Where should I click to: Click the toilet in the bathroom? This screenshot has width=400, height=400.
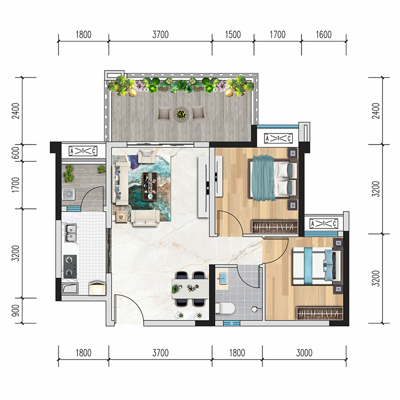pos(225,308)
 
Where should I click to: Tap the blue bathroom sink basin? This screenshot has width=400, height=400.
pos(223,278)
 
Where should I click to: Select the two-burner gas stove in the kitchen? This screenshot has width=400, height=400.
pos(70,266)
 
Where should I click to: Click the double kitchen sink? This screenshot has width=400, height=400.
pos(70,233)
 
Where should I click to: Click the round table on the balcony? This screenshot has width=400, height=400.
pos(181,114)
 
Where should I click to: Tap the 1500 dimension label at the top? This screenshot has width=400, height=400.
pos(232,34)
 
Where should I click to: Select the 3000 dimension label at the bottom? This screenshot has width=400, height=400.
pos(304,353)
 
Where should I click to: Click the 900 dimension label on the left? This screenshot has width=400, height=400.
pos(16,310)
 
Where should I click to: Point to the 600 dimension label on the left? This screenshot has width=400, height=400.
pos(16,153)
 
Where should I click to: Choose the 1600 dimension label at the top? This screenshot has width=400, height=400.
pos(323,34)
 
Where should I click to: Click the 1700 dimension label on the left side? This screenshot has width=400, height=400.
pos(16,185)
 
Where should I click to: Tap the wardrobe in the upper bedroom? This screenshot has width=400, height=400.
pos(274,227)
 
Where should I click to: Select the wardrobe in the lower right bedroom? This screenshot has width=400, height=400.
pos(319,313)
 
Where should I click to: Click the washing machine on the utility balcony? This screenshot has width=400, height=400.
pos(68,194)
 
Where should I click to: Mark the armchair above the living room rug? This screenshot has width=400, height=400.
pos(146,156)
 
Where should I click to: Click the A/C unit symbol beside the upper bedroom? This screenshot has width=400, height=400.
pos(278,138)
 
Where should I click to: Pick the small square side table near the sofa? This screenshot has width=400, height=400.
pos(121,217)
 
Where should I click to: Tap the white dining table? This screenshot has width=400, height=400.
pos(190,288)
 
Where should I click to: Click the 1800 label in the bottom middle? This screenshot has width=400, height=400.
pos(237,353)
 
